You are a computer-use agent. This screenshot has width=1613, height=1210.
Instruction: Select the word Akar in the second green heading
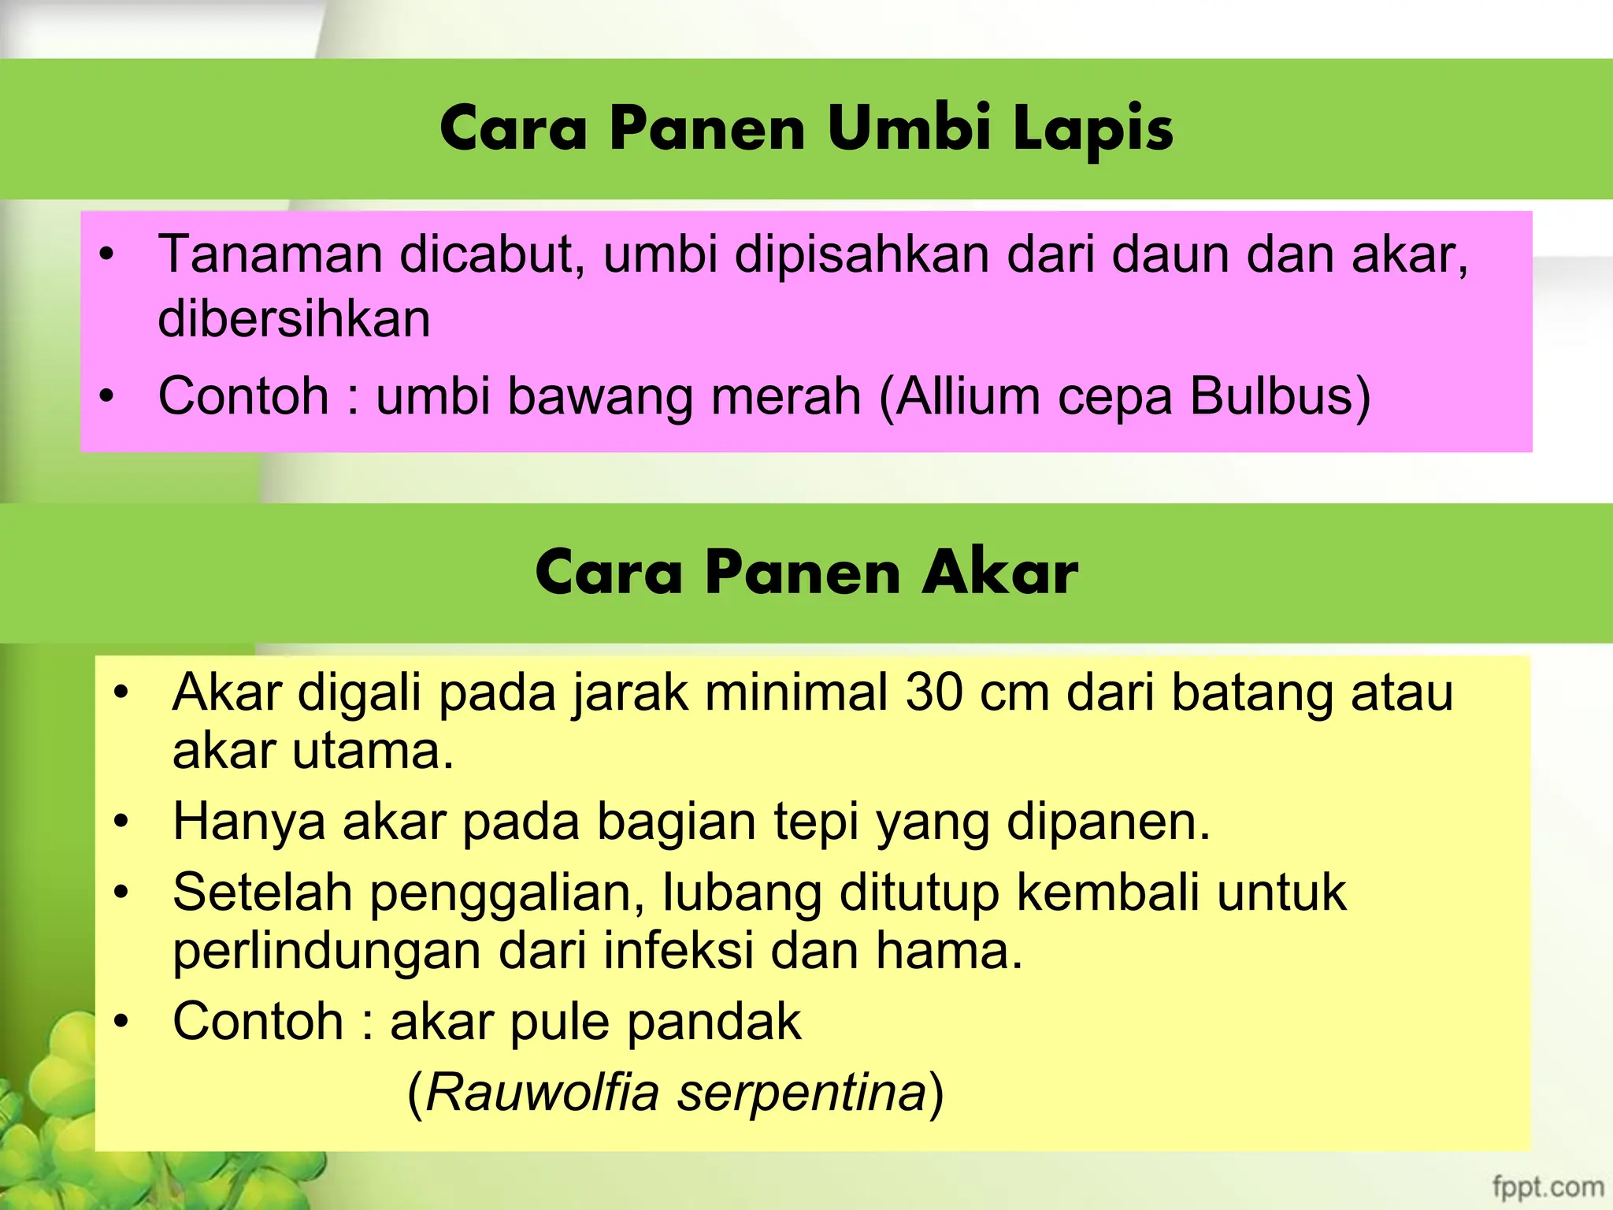pos(999,572)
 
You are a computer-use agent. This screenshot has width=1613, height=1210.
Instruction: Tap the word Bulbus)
pos(1280,395)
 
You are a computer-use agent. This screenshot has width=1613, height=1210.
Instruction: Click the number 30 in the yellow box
pos(934,692)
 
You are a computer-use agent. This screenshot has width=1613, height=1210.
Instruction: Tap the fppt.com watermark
pos(1548,1186)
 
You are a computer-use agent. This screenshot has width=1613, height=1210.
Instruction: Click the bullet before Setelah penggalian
pos(121,893)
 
